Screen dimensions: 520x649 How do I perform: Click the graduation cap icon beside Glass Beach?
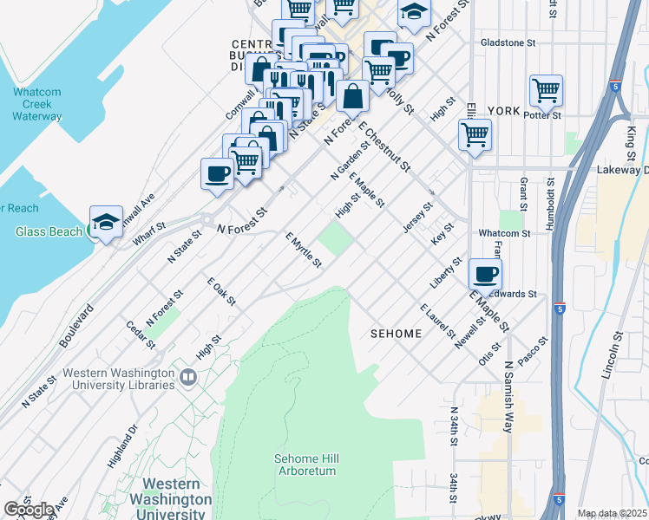click(106, 222)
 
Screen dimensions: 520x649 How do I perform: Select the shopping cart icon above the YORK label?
click(546, 89)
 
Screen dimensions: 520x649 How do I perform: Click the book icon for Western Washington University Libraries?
click(187, 378)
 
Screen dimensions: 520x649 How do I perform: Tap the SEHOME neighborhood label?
click(397, 334)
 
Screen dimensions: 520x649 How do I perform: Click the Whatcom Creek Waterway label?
click(37, 103)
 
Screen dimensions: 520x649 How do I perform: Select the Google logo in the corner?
click(29, 510)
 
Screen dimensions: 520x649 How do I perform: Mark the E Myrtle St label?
click(304, 250)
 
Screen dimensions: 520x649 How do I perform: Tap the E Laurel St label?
click(437, 322)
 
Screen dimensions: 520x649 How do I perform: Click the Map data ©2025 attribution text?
click(612, 513)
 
